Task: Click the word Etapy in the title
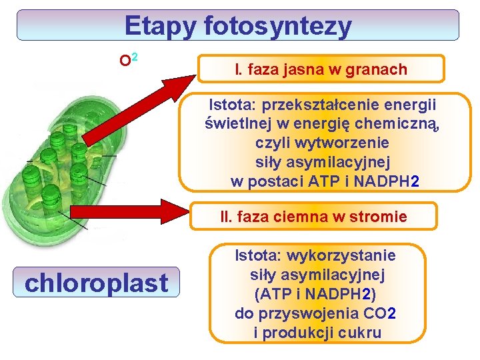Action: pyautogui.click(x=161, y=26)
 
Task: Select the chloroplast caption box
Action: pyautogui.click(x=96, y=282)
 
